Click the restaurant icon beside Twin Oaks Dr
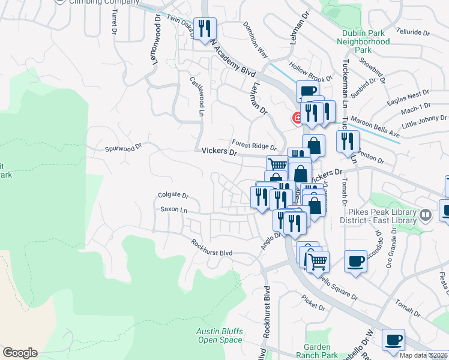(205, 29)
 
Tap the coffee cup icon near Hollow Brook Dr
(307, 92)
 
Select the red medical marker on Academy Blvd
(297, 118)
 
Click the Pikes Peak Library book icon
(425, 214)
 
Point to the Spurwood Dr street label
(123, 146)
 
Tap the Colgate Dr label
(173, 195)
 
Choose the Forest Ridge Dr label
(255, 145)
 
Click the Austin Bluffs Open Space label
(220, 335)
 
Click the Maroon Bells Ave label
(375, 116)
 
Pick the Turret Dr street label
(112, 23)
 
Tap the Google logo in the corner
(20, 353)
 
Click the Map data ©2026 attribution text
(423, 355)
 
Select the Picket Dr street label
(313, 307)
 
